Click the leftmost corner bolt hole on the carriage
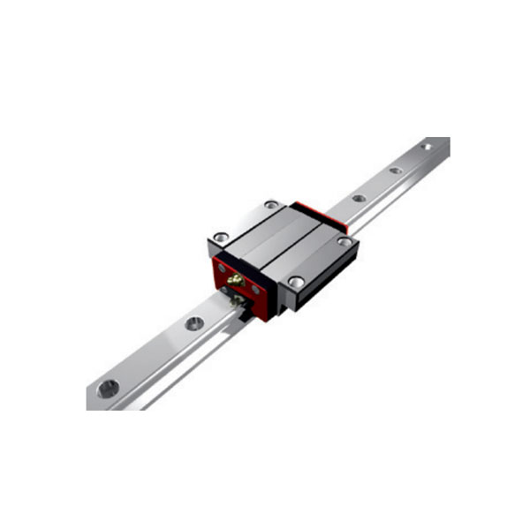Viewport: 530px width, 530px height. pos(220,237)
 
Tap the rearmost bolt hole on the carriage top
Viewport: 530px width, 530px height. pos(271,205)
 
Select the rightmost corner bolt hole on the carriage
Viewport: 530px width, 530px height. pos(344,241)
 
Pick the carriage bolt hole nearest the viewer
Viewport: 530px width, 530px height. pos(295,281)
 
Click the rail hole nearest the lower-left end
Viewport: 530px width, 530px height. pos(108,387)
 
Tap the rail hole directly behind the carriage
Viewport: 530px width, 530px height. pos(359,199)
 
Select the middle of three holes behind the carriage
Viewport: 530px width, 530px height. pos(396,170)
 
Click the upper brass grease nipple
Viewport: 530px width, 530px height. pos(236,280)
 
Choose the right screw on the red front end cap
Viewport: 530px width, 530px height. pos(255,289)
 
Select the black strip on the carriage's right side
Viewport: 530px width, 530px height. pos(331,274)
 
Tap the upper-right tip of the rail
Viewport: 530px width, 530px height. pos(445,141)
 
